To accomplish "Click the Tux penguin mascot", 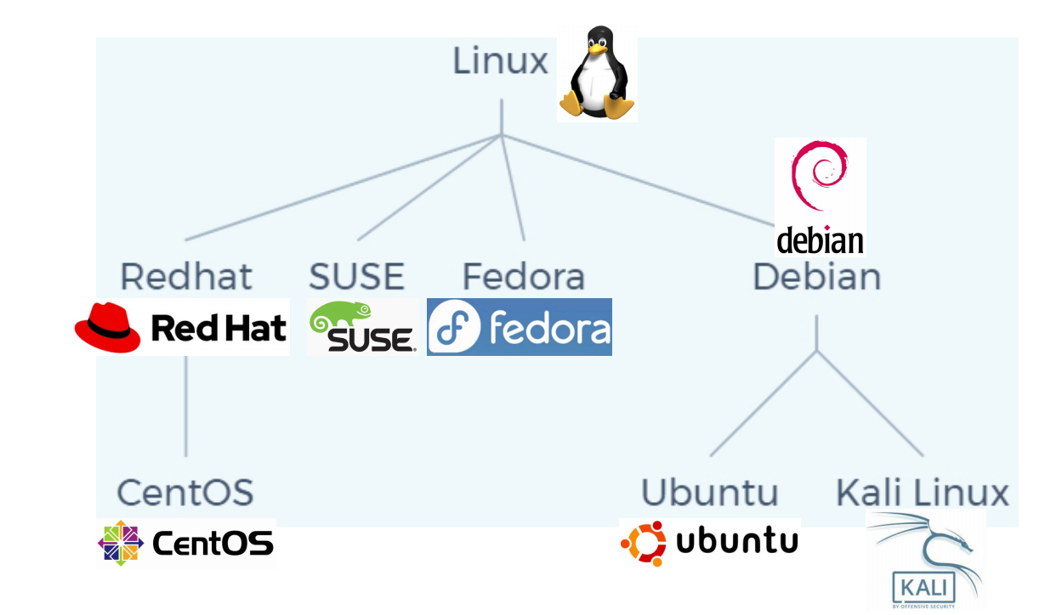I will coord(597,75).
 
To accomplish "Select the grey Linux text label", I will coord(500,62).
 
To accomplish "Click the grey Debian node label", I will coord(816,278).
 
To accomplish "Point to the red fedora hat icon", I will coord(108,326).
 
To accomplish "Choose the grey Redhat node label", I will coord(186,278).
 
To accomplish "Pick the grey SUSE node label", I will coord(356,278).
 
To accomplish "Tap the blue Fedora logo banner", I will coord(520,327).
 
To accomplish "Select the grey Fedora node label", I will coord(523,278).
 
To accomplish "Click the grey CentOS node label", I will coord(185,492).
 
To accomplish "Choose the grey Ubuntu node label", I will coord(709,492).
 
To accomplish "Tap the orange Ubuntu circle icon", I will coord(644,543).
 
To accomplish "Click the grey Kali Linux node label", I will coord(923,492).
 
